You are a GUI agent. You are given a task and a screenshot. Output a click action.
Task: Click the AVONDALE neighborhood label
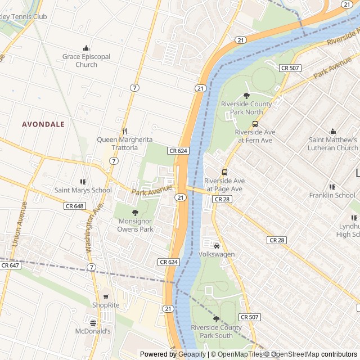pyautogui.click(x=43, y=124)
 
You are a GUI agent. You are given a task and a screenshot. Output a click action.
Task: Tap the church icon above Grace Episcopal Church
pyautogui.click(x=86, y=48)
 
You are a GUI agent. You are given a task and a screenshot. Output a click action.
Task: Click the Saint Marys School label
pyautogui.click(x=83, y=190)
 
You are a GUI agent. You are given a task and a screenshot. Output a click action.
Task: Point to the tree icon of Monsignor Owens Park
pyautogui.click(x=135, y=213)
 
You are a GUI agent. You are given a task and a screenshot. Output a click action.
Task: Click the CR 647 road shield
pyautogui.click(x=10, y=265)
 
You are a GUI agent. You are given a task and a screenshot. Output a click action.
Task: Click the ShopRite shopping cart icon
pyautogui.click(x=105, y=296)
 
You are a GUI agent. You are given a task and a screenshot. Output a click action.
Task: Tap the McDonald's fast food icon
pyautogui.click(x=93, y=323)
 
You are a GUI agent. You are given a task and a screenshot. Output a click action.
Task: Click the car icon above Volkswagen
pyautogui.click(x=217, y=246)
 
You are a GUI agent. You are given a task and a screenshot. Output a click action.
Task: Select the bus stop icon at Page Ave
pyautogui.click(x=224, y=173)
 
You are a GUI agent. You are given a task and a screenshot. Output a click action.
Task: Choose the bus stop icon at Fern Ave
pyautogui.click(x=255, y=124)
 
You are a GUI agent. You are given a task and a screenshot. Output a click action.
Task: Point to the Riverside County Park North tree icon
pyautogui.click(x=246, y=96)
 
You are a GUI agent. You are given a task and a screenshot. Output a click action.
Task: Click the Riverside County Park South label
pyautogui.click(x=216, y=331)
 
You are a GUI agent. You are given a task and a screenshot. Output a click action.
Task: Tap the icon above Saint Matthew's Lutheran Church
pyautogui.click(x=332, y=131)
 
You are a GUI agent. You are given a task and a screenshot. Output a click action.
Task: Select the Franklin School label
pyautogui.click(x=332, y=195)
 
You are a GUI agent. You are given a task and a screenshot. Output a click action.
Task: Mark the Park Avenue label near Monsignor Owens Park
pyautogui.click(x=150, y=189)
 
